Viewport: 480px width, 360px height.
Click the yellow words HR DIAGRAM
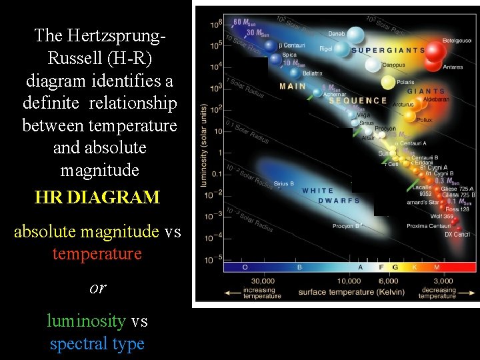97,197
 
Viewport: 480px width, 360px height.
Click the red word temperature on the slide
97,254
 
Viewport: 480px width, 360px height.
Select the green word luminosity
85,321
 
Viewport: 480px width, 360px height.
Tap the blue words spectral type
97,344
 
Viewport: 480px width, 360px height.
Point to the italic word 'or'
97,287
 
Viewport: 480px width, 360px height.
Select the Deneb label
337,32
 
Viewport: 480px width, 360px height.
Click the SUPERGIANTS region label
388,50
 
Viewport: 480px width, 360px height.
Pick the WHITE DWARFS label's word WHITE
318,191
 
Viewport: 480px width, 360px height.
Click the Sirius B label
283,183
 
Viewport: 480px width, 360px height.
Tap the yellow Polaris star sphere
388,83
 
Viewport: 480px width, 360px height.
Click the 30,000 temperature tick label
262,281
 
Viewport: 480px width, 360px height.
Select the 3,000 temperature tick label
438,281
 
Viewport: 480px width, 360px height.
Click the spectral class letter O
244,267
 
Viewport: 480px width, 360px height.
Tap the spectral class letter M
437,267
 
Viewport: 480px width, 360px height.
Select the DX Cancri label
457,235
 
